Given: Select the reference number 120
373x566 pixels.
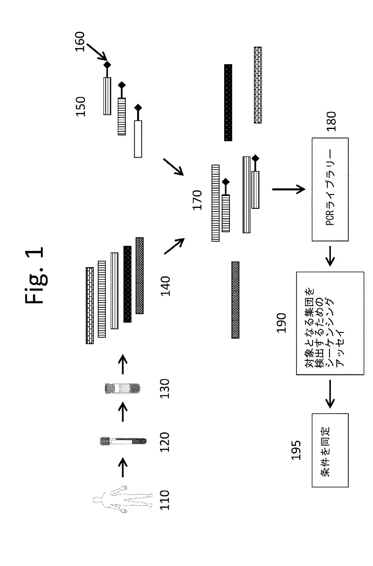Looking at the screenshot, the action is tap(165, 442).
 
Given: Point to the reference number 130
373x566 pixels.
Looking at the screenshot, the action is tap(165, 388).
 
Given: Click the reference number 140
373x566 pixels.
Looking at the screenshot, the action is tap(165, 286).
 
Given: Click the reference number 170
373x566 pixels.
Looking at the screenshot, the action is tap(197, 200).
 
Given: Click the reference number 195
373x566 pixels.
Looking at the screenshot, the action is tap(296, 450).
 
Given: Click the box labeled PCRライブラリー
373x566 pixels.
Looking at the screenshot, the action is tap(330, 189).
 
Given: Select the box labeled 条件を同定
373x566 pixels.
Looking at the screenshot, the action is tap(330, 450).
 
